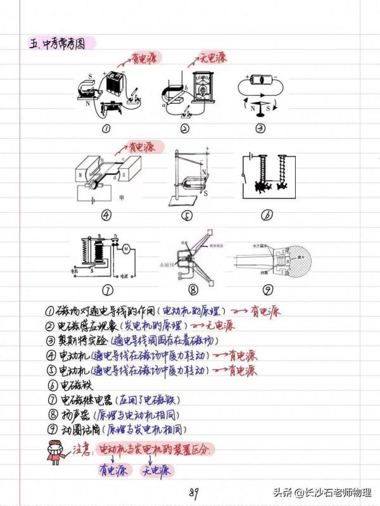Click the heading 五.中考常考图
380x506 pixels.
61,44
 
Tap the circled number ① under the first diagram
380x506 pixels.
106,129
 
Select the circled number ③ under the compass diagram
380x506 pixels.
260,128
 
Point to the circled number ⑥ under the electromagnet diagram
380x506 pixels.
266,215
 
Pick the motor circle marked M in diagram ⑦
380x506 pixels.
126,249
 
